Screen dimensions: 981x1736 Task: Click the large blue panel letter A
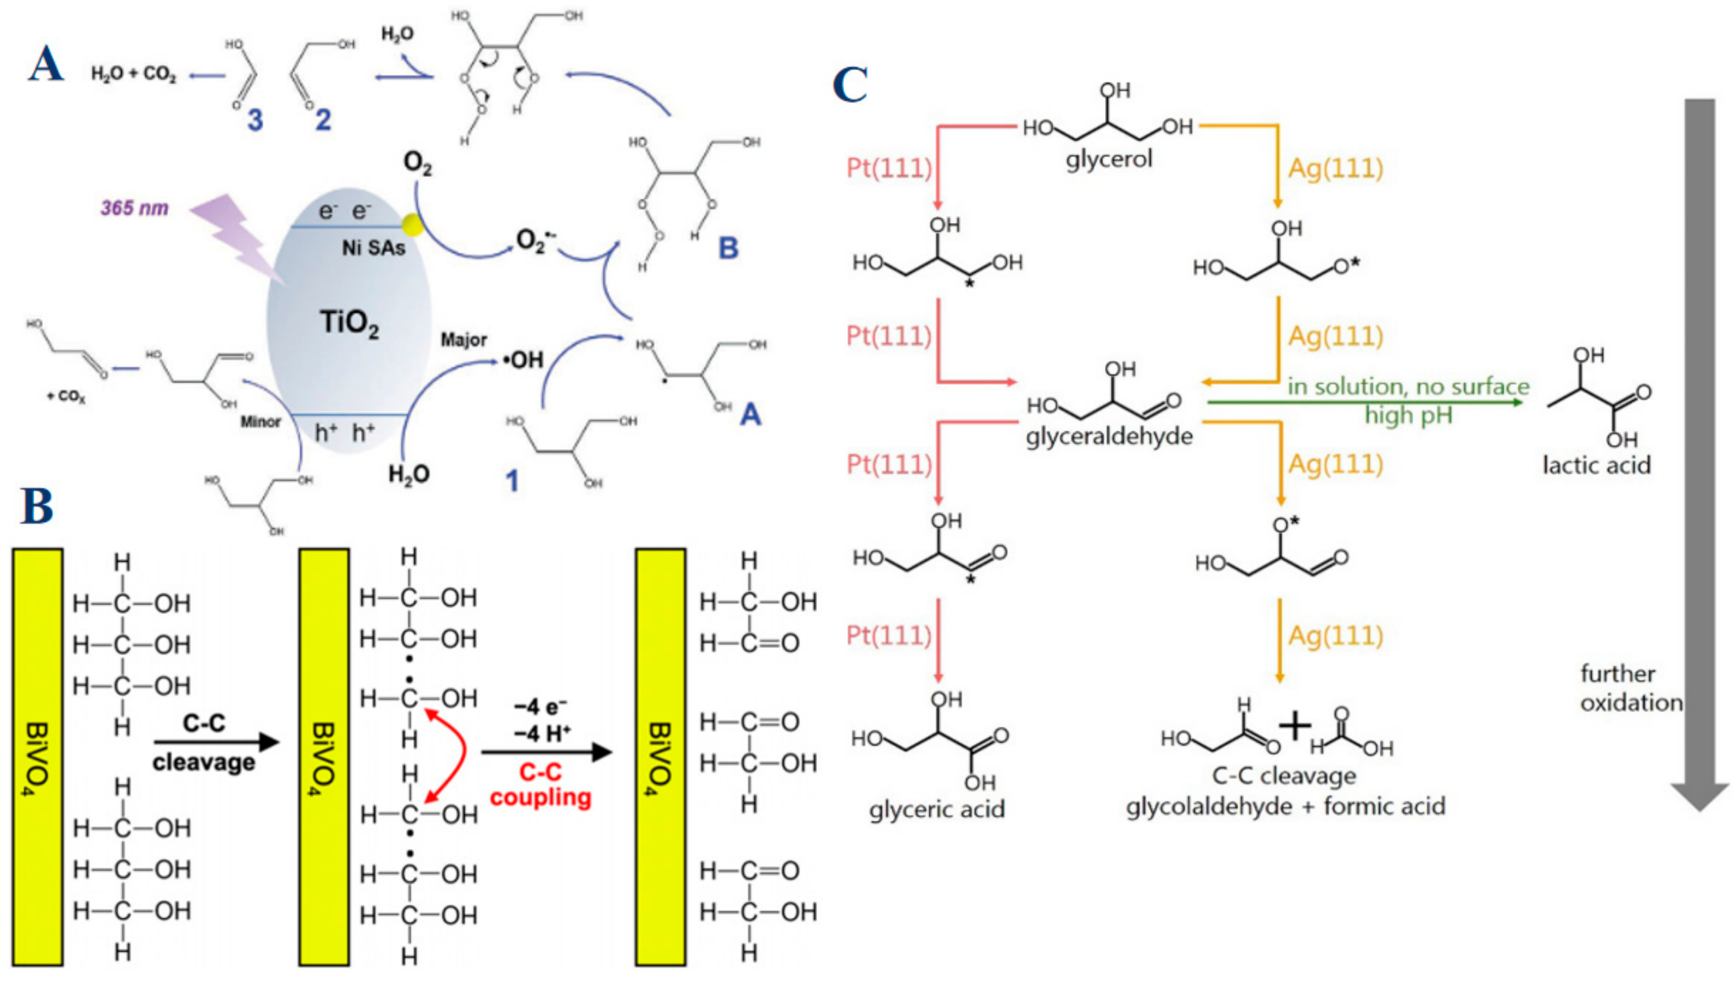point(46,66)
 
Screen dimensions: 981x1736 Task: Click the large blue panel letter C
point(850,86)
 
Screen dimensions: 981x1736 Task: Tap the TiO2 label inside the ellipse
point(349,323)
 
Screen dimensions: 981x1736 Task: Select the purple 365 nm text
point(134,208)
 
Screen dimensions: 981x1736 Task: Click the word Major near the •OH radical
point(464,340)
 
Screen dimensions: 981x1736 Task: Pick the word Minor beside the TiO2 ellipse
point(260,422)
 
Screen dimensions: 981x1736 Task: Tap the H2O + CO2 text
point(133,73)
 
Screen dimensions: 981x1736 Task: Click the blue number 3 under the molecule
point(255,120)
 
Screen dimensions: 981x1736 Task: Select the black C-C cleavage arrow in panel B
point(216,743)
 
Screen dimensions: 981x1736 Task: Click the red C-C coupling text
point(540,785)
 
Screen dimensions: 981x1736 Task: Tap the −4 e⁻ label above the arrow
point(540,706)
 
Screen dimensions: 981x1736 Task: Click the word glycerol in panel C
point(1109,160)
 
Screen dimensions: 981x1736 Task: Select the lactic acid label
point(1597,465)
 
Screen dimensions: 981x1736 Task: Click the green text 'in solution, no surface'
point(1408,387)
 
